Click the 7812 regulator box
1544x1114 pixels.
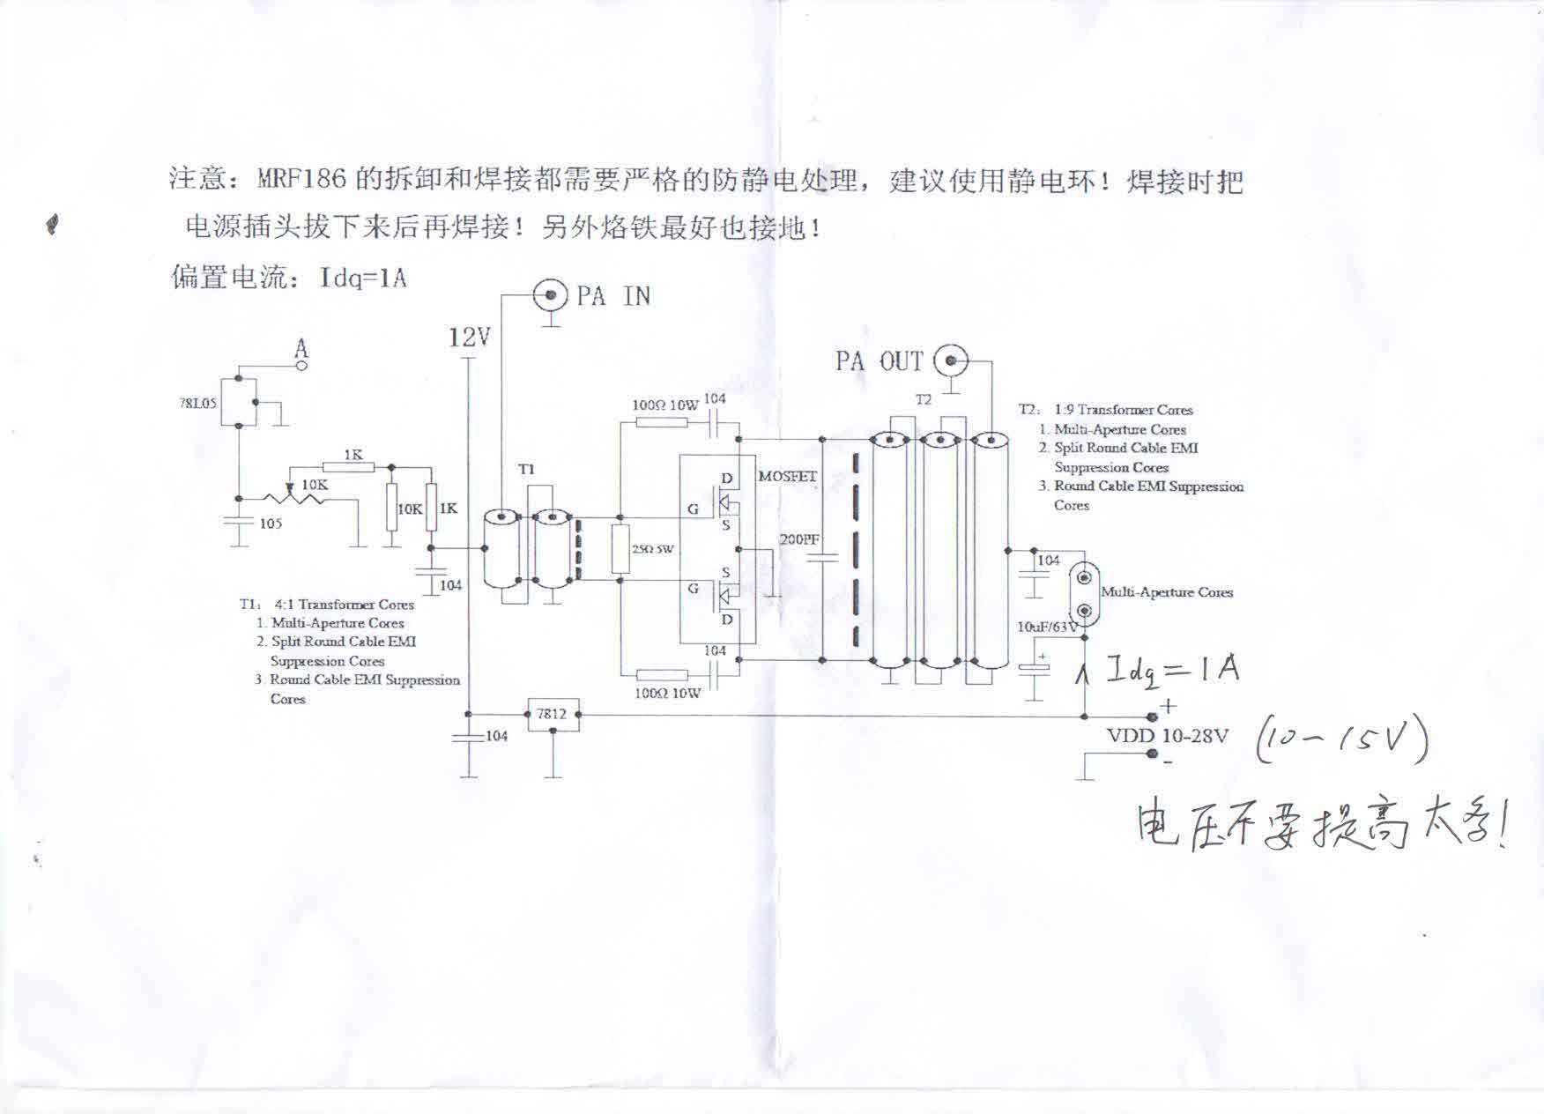coord(553,715)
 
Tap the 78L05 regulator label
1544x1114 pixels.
coord(197,404)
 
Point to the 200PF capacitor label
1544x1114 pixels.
coord(799,538)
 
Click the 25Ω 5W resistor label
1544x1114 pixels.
coord(652,549)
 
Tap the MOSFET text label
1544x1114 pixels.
coord(788,477)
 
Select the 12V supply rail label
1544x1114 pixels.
coord(469,338)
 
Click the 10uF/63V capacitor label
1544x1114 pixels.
coord(1047,628)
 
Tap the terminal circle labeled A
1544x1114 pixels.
coord(301,365)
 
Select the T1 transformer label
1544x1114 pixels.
coord(526,470)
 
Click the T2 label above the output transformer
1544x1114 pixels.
coord(923,400)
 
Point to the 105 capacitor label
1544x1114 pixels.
coord(271,524)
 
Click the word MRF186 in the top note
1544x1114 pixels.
coord(302,181)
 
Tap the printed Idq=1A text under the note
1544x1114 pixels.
coord(363,278)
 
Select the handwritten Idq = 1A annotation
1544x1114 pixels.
coord(1172,672)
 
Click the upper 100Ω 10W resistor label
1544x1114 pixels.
coord(664,405)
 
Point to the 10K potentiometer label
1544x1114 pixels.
coord(315,485)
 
